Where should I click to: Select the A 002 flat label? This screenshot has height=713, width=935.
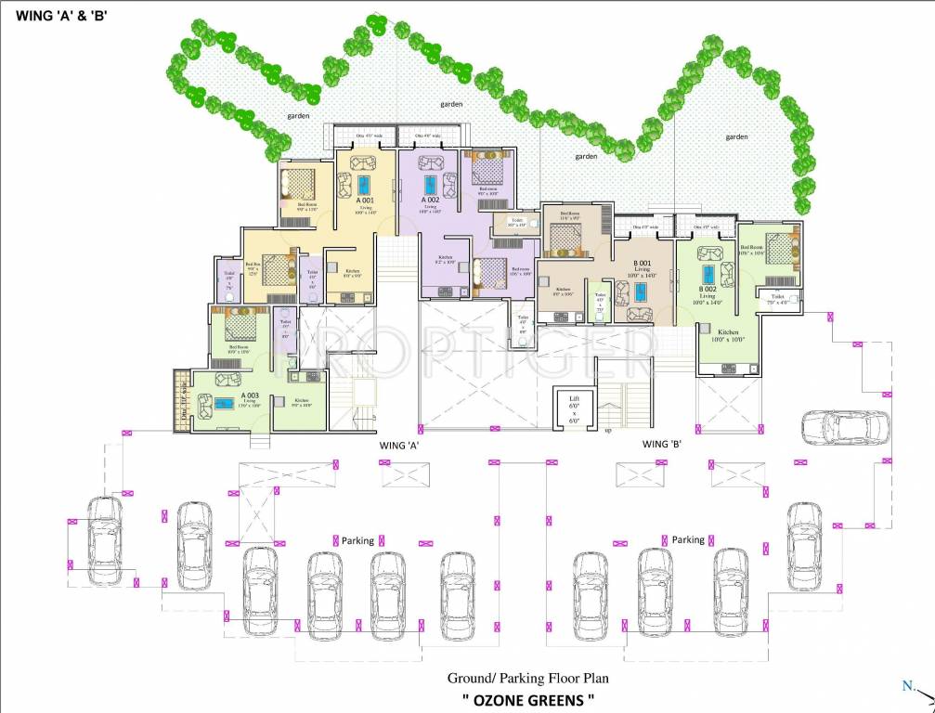coord(430,200)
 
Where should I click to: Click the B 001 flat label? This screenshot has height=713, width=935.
coord(641,265)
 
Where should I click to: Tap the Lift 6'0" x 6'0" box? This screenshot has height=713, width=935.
coord(574,408)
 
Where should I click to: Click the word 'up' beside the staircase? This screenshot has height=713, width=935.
coord(608,432)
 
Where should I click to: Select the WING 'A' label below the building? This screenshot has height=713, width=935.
coord(400,446)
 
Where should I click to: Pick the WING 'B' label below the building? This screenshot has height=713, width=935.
coord(663,445)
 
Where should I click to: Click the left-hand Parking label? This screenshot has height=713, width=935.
coord(357,540)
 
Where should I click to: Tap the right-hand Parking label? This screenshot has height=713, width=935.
coord(688,539)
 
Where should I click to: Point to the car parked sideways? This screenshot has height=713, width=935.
coord(844,427)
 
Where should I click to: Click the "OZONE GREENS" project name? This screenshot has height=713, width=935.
coord(527,698)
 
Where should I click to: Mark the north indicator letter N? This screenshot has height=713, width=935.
coord(906,686)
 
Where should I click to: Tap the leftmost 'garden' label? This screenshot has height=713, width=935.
coord(298,116)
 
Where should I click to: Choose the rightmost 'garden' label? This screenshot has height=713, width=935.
coord(736,136)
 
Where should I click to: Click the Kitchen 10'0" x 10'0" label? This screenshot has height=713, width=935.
coord(728,336)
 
